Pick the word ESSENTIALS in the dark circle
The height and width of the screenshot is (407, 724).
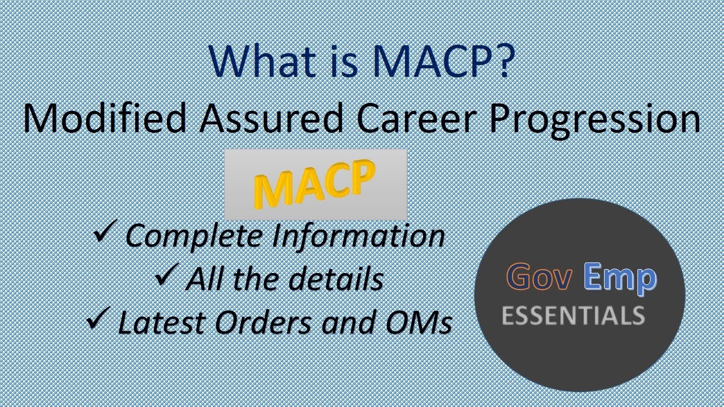coord(573,315)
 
